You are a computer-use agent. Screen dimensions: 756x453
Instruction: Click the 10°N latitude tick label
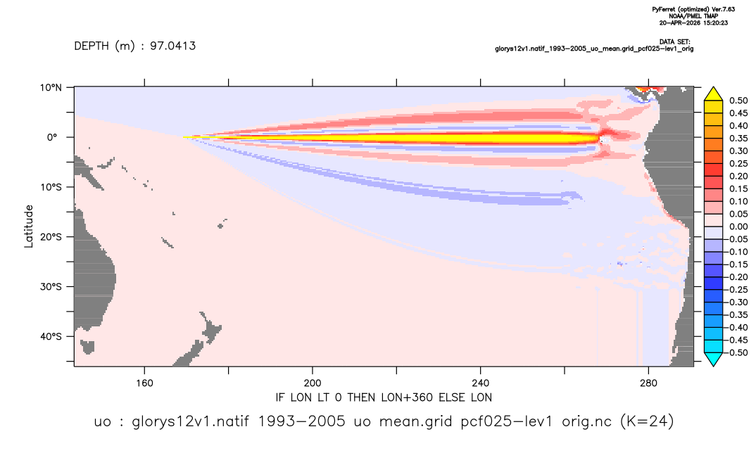point(51,87)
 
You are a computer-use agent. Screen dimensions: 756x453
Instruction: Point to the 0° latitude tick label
point(52,137)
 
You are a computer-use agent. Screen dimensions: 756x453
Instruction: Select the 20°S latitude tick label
point(51,236)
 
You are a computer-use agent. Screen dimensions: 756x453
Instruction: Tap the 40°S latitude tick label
point(51,336)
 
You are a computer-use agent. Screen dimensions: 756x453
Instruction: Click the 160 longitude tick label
point(144,383)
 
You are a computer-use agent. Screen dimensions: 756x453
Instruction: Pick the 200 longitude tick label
point(313,383)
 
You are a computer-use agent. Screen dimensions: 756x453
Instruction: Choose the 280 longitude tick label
point(648,383)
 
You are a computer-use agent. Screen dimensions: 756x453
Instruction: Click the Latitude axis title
point(29,226)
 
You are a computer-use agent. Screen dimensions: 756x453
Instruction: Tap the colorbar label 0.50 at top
point(738,101)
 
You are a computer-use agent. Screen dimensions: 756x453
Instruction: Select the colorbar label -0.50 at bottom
point(737,352)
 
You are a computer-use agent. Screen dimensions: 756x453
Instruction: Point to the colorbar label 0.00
point(738,226)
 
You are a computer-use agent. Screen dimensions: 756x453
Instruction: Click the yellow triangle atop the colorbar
point(714,94)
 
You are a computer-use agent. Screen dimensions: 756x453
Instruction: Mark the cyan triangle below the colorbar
point(714,359)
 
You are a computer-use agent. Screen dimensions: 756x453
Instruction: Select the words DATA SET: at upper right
point(674,42)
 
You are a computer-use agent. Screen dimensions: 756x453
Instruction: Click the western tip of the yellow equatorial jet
point(184,137)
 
